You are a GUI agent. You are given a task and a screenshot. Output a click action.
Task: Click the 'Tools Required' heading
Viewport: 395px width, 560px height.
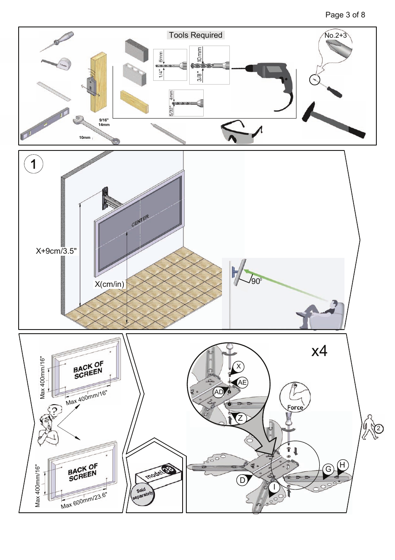click(x=195, y=35)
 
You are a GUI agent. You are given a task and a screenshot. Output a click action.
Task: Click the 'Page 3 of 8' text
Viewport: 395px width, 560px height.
click(x=345, y=15)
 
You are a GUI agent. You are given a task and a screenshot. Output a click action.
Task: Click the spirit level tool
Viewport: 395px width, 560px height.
click(x=45, y=124)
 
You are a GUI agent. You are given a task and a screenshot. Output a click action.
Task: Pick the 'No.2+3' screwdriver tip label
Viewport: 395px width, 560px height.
click(x=335, y=36)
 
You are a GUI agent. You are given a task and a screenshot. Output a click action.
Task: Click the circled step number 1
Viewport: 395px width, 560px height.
click(x=34, y=164)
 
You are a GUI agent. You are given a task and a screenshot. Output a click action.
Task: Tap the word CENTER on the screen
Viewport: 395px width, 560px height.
click(x=140, y=221)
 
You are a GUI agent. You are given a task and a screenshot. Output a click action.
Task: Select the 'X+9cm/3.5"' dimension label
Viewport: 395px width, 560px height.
click(x=56, y=251)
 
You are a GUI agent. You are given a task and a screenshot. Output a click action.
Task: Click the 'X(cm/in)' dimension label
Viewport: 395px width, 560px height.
click(x=109, y=284)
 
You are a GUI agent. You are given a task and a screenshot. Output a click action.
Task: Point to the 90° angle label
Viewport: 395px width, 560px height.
click(x=256, y=281)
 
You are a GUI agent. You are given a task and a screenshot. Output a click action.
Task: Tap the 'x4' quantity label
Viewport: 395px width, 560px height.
click(x=319, y=351)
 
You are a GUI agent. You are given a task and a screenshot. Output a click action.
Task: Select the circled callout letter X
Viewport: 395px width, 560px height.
click(x=238, y=366)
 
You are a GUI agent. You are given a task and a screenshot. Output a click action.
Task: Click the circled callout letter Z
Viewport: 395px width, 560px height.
click(x=240, y=418)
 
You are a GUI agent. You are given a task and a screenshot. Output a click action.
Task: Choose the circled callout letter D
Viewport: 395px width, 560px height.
click(x=242, y=480)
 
